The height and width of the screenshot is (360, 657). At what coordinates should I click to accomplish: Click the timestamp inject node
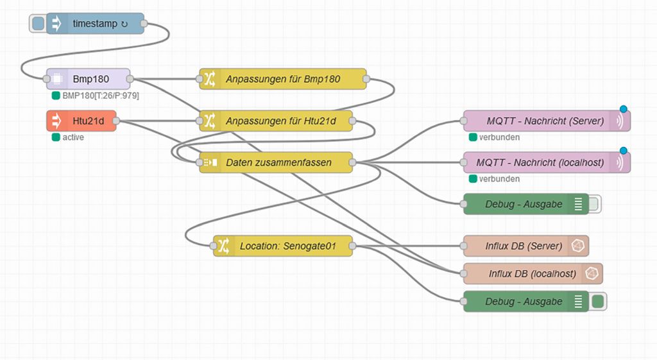pos(95,24)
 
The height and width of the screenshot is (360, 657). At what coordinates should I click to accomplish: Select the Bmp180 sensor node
pos(89,79)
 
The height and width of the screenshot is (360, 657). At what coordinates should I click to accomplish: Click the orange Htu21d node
pos(82,120)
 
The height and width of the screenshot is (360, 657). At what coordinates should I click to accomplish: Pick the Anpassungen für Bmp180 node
pos(282,80)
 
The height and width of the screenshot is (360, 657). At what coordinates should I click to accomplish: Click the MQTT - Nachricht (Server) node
pos(545,121)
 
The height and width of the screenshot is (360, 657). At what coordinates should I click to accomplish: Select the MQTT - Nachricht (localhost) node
pos(545,162)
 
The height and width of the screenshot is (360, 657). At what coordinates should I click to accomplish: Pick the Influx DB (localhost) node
pos(532,273)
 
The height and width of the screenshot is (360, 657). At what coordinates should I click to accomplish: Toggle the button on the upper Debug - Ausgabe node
pos(595,205)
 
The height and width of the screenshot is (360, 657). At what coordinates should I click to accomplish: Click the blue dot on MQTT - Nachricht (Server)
pos(623,109)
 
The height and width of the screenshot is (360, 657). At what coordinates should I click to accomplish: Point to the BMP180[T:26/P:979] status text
pos(100,96)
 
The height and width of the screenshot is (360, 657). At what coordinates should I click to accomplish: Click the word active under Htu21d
pos(73,137)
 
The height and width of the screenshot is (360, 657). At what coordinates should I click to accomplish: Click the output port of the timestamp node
pos(144,24)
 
